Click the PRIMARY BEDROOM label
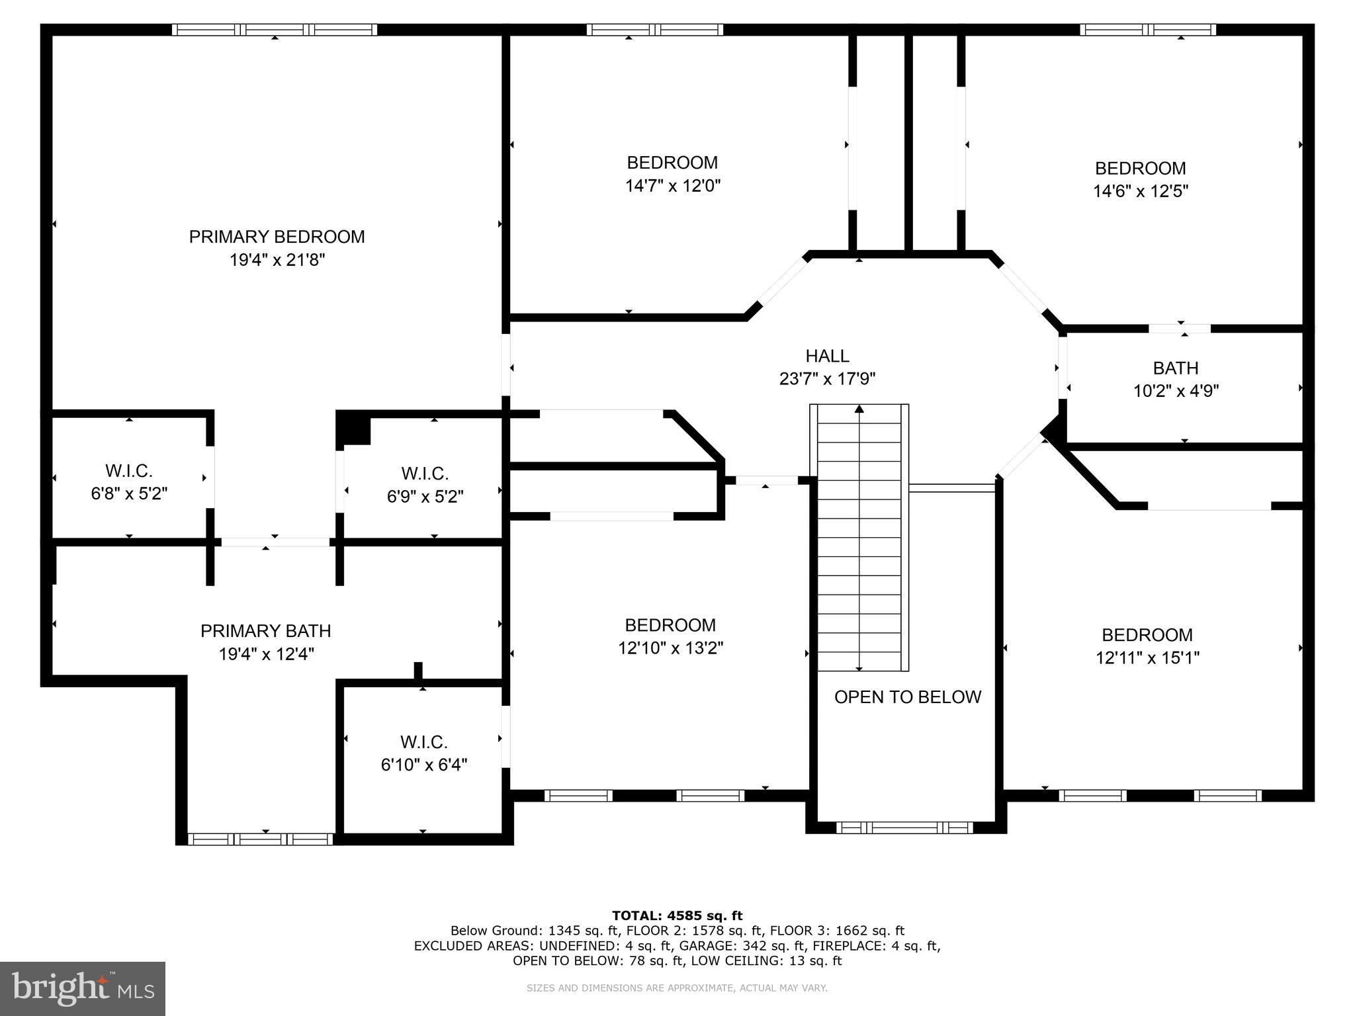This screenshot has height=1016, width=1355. (277, 237)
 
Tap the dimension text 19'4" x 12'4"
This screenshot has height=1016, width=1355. (266, 654)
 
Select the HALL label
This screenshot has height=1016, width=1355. (827, 356)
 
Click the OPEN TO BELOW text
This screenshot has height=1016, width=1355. (907, 697)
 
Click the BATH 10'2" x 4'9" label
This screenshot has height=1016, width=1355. (1176, 379)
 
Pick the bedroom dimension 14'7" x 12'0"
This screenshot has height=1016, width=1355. (672, 186)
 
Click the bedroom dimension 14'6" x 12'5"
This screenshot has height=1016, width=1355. (1140, 191)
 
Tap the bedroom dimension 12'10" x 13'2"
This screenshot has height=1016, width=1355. (670, 648)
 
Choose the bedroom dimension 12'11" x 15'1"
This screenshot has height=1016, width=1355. (1147, 657)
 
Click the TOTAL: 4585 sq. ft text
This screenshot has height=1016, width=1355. (677, 915)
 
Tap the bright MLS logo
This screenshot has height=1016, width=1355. (82, 988)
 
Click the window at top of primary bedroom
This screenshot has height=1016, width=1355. (275, 30)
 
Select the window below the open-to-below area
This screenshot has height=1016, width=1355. (904, 827)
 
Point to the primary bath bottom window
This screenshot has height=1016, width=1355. (261, 839)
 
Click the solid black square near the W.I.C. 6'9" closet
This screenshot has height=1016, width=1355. (353, 429)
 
